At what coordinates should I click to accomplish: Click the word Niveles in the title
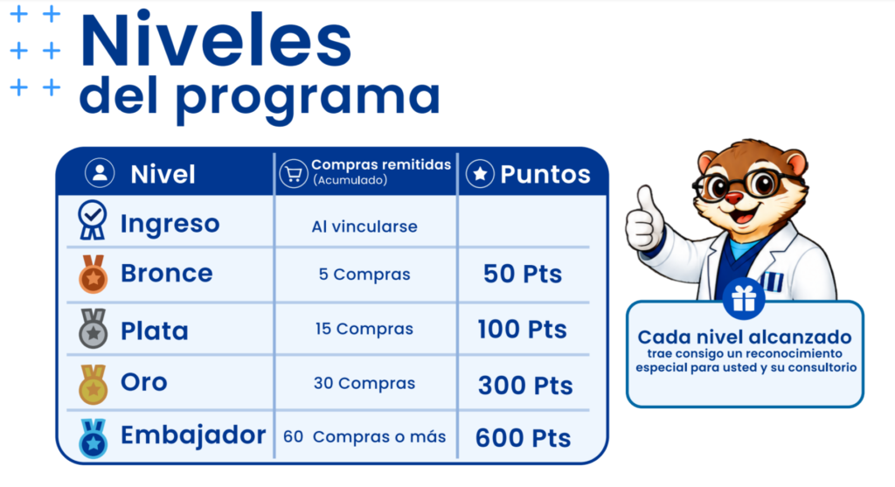coord(216,40)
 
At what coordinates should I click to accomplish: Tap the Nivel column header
coord(163,174)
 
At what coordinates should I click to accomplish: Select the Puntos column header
coord(545,174)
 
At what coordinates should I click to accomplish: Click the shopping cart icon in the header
coord(294,174)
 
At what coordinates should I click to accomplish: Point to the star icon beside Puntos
coord(480,174)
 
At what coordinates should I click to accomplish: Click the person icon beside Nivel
coord(100,172)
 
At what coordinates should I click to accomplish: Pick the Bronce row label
coord(167,273)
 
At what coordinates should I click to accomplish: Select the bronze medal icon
coord(93,274)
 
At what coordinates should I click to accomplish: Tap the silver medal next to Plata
coord(93,329)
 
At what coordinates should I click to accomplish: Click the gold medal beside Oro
coord(93,384)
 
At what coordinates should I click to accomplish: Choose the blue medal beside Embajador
coord(93,438)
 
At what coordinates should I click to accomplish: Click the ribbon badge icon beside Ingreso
coord(93,219)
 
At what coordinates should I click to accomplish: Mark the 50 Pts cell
coord(523,274)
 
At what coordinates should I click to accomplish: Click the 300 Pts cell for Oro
coord(525,386)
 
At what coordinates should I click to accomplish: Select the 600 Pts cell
coord(523,438)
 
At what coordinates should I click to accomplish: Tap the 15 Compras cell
coord(364,329)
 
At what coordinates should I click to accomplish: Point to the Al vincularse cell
coord(364,226)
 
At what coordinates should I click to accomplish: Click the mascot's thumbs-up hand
coord(645,219)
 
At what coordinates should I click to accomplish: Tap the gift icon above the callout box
coord(744,298)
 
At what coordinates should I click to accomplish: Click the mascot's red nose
coord(734,198)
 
